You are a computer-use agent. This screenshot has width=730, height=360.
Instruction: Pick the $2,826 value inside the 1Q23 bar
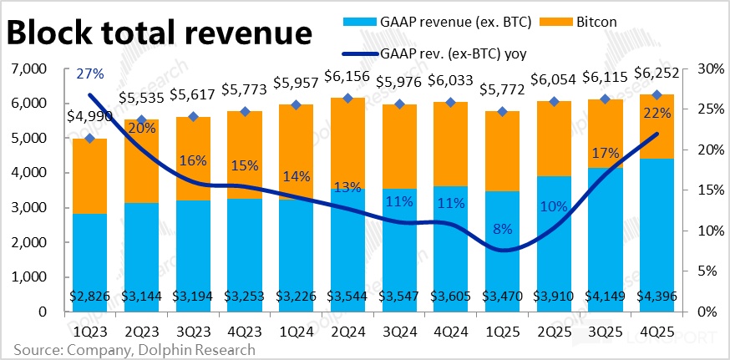89,295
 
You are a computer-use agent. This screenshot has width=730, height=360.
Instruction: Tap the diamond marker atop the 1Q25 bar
501,111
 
